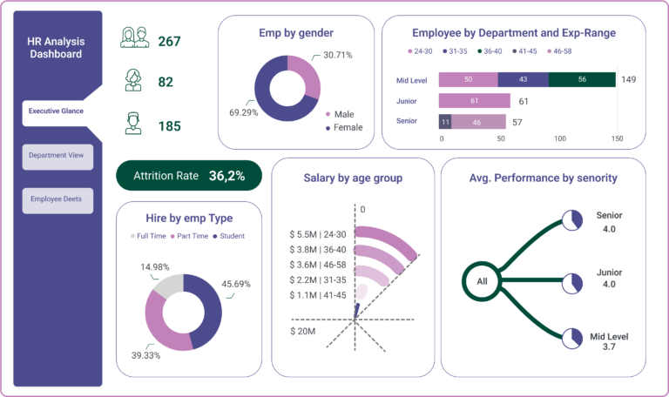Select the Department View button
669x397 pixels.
coord(57,155)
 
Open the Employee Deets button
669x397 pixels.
coord(57,199)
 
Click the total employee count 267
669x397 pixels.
coord(170,41)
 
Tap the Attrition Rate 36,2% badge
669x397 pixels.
coord(189,176)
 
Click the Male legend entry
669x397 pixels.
coord(341,114)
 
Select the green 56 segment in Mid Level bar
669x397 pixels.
coord(581,79)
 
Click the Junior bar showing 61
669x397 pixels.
coord(474,101)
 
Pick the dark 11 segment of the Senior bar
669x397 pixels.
coord(445,122)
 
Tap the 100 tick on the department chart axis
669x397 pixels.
coord(559,138)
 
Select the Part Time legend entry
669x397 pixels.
coord(190,236)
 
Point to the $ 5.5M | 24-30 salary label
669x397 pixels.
coord(318,235)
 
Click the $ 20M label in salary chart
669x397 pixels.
coord(304,331)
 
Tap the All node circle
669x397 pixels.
coord(482,281)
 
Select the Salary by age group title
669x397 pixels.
coord(353,178)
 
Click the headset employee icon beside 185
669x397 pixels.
coord(133,124)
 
